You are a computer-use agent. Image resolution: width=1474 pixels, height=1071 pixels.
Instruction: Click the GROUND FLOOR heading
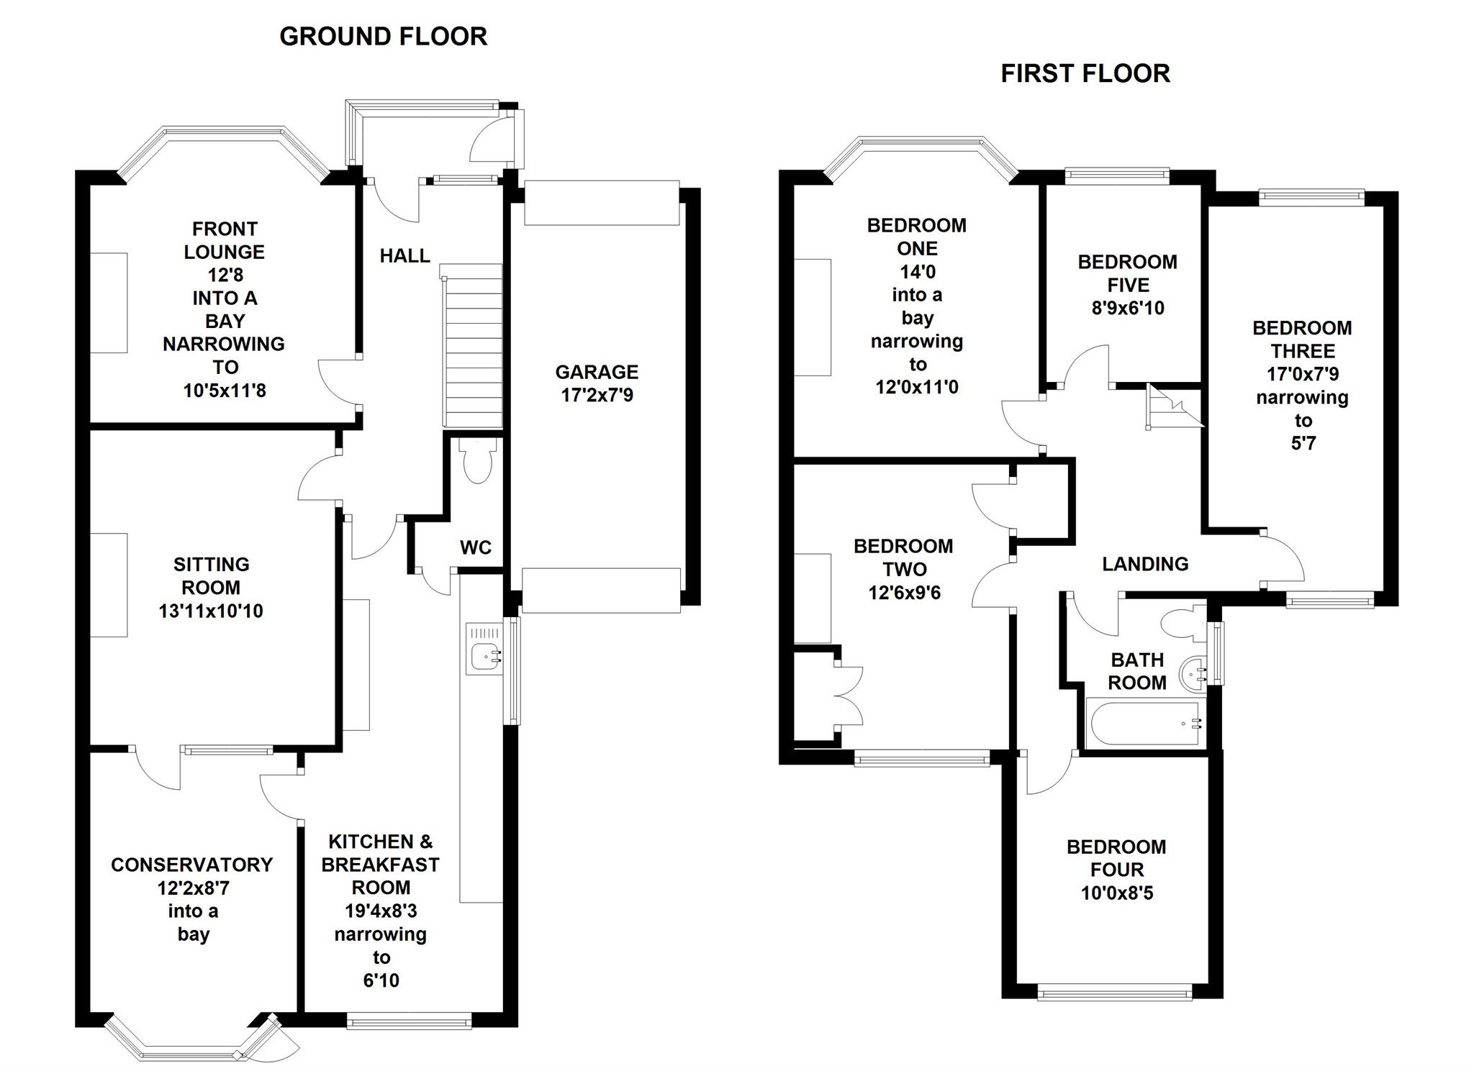click(x=383, y=36)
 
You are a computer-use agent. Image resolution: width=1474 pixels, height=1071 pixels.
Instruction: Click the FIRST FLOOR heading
click(x=1085, y=73)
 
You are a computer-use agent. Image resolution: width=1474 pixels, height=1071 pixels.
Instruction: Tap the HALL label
click(x=405, y=255)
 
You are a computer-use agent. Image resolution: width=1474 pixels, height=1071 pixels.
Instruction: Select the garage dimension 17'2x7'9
click(x=597, y=395)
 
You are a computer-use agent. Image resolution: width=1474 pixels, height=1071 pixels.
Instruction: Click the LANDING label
click(x=1145, y=564)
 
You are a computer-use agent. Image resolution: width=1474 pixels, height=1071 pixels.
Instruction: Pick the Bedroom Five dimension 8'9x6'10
click(x=1128, y=308)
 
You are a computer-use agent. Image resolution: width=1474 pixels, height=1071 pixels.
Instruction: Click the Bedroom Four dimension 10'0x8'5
click(x=1117, y=893)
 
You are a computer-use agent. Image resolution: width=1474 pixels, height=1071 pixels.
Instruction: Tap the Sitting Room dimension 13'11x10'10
click(x=211, y=611)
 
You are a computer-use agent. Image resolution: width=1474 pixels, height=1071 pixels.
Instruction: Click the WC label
click(x=476, y=547)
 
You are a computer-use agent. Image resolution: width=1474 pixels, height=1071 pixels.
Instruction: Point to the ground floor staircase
click(x=471, y=346)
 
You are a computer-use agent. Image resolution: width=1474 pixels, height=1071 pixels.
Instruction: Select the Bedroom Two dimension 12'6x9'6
click(x=904, y=593)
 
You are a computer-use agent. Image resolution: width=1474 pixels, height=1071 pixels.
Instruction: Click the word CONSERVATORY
click(x=192, y=865)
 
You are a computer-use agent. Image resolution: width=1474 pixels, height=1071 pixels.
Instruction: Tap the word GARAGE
click(x=597, y=372)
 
